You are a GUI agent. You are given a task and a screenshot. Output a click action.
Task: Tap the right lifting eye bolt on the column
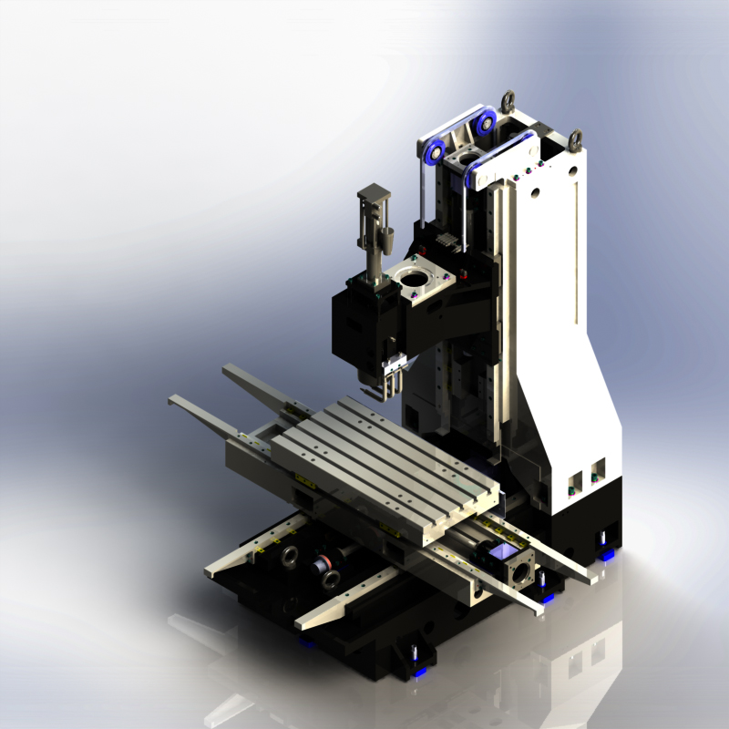[575, 139]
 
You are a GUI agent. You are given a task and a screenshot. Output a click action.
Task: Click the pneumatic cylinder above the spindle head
[373, 219]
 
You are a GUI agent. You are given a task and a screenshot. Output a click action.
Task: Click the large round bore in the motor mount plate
[417, 272]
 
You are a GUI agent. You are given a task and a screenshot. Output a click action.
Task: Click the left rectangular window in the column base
[575, 480]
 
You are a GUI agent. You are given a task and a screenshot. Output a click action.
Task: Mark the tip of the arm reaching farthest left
[173, 399]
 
